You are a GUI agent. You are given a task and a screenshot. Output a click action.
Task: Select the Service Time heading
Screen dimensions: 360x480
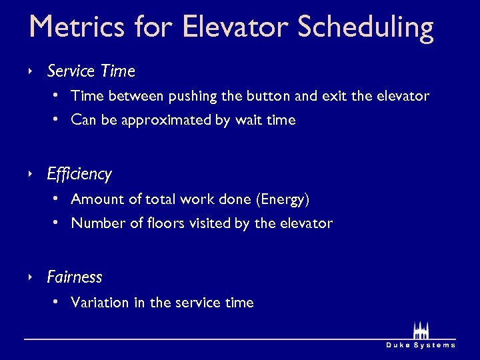[x=91, y=71]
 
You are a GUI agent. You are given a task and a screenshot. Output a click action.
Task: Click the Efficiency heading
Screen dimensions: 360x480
[x=79, y=175]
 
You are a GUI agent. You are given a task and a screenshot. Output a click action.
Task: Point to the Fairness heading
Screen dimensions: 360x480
[x=74, y=277]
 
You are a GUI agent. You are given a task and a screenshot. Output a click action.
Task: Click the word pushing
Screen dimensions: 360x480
[x=193, y=97]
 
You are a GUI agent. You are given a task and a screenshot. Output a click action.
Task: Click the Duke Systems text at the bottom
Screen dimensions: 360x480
[x=421, y=345]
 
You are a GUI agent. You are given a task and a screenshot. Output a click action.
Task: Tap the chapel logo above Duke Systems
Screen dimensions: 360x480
[x=420, y=330]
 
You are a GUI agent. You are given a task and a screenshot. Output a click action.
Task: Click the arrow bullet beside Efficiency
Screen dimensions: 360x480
[x=30, y=174]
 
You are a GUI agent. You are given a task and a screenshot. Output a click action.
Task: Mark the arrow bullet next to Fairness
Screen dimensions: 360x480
[x=30, y=277]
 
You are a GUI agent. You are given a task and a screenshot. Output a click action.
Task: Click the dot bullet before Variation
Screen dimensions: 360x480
[x=57, y=302]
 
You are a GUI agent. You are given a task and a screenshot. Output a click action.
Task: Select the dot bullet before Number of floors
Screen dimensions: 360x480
[x=57, y=223]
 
